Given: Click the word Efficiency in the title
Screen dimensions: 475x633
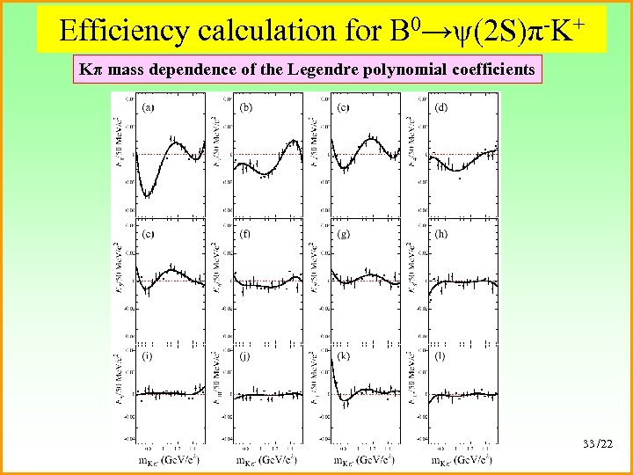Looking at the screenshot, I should pos(125,32).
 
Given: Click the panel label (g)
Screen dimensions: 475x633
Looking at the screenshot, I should pos(344,235).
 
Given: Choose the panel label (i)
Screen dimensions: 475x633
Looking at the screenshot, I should pos(148,356).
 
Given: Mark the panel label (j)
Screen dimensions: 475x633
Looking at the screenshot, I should pos(246,356).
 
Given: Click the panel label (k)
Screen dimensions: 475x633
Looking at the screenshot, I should pos(344,356).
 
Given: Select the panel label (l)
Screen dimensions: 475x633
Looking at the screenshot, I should pos(440,356).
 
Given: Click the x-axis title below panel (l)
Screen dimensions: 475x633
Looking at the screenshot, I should pos(462,460).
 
